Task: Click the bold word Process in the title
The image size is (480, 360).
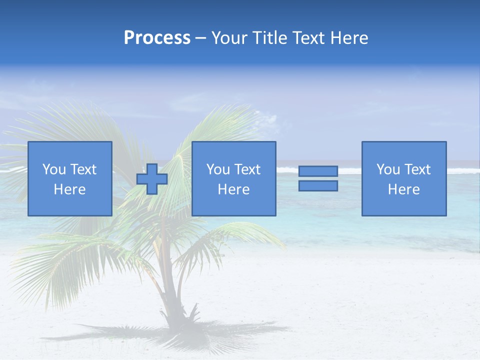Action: [157, 38]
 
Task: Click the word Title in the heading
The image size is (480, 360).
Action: [271, 38]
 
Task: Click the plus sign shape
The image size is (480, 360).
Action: [152, 179]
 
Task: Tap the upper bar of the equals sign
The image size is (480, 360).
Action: [318, 171]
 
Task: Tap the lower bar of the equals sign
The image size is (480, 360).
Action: [318, 186]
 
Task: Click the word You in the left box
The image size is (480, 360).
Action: [54, 169]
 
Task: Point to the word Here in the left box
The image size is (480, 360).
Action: [70, 189]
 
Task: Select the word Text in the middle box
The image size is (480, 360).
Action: [247, 169]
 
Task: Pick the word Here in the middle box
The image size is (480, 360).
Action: [234, 189]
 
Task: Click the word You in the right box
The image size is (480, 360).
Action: [388, 169]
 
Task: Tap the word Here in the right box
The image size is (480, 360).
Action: [404, 189]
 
